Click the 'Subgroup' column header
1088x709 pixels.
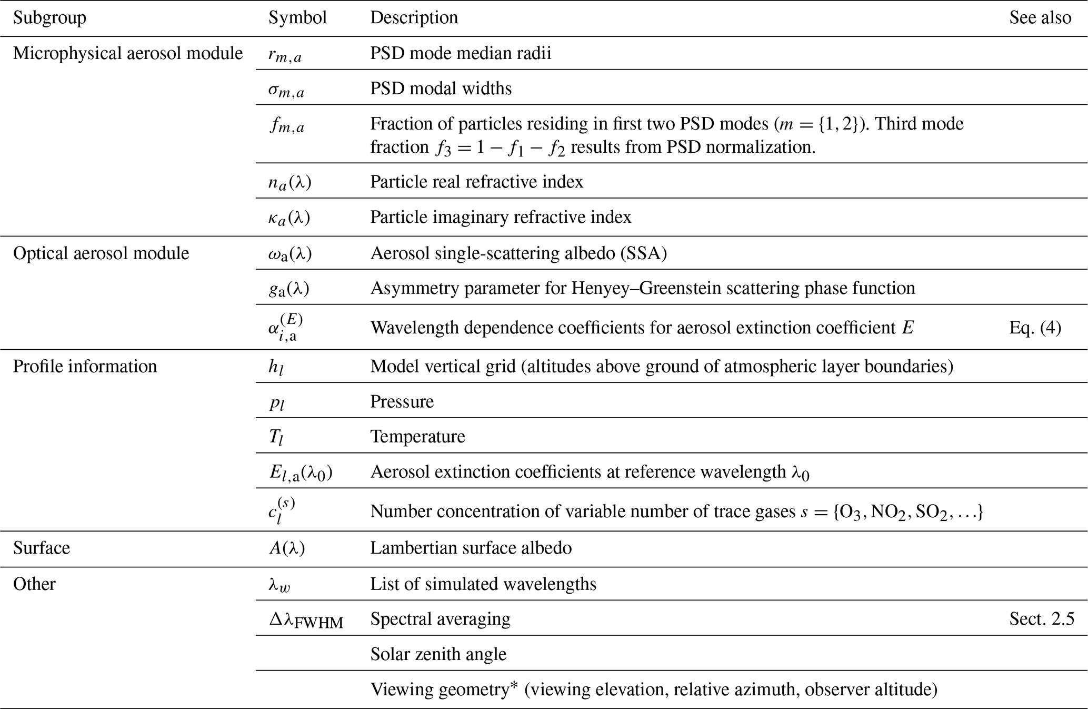(x=49, y=18)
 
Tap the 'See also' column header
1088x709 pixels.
(x=1040, y=18)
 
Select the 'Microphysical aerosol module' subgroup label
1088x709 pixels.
(x=128, y=53)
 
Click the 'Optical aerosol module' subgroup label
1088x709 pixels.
(x=101, y=253)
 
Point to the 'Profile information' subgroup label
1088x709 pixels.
(x=85, y=366)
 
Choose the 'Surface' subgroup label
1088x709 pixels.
(x=41, y=548)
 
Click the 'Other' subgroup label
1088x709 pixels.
(x=34, y=584)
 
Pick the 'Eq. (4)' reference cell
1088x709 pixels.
(x=1035, y=328)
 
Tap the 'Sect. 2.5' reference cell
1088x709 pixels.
(x=1041, y=618)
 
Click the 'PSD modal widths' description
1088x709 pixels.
(x=441, y=88)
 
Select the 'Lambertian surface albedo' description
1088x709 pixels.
(x=471, y=548)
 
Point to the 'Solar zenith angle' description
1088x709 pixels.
(x=438, y=654)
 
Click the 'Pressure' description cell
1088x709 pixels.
(x=402, y=401)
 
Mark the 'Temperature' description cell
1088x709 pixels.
(x=417, y=436)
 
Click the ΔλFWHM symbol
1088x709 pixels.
(x=306, y=620)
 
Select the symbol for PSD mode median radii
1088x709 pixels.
(x=285, y=55)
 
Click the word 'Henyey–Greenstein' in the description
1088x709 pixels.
(x=542, y=288)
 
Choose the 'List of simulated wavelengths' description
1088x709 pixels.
(x=483, y=584)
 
